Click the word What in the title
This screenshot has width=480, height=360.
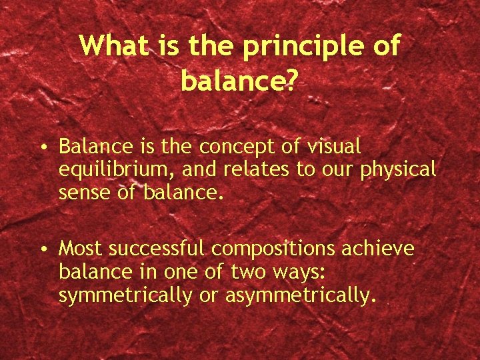[x=117, y=46]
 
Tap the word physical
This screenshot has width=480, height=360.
[x=398, y=170]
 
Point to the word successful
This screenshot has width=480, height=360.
[x=159, y=249]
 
